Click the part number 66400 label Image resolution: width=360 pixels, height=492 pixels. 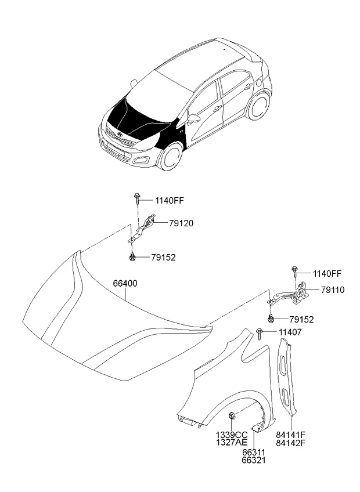tap(125, 284)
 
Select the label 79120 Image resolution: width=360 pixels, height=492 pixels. tap(181, 223)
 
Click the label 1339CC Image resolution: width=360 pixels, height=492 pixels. tap(232, 435)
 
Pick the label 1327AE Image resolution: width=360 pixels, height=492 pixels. tap(232, 443)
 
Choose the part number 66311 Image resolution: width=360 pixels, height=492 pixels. tap(254, 453)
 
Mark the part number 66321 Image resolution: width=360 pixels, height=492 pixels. tap(254, 461)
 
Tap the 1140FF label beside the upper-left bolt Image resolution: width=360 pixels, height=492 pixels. tap(169, 201)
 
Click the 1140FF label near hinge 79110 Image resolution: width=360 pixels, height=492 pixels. tap(328, 273)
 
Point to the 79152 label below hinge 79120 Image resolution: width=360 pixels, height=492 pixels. tap(164, 258)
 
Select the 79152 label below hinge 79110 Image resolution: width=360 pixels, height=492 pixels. tap(302, 320)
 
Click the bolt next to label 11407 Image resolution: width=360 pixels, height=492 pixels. tap(260, 334)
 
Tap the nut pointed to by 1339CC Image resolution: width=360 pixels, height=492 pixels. tap(232, 415)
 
